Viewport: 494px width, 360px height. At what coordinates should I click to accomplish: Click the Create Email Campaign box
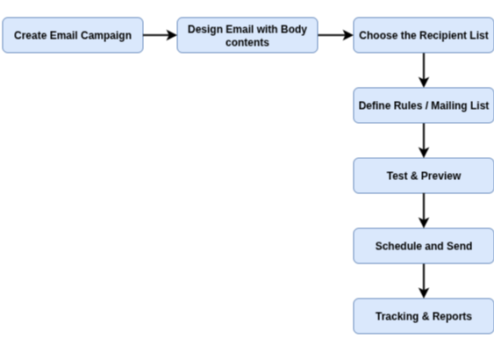click(73, 35)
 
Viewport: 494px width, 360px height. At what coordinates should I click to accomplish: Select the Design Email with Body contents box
click(247, 35)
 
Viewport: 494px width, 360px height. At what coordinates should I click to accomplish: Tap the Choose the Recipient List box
click(424, 35)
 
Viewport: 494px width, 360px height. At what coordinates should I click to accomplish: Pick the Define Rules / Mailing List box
click(424, 105)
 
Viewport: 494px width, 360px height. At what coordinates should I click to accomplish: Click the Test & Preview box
click(424, 176)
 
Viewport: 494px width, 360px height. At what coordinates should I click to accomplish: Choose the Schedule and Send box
click(424, 246)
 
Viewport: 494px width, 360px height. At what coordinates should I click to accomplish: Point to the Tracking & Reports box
click(424, 316)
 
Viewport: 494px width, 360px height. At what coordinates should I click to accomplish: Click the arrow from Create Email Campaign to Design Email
click(160, 35)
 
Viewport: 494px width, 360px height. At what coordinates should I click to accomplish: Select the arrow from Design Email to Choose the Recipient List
click(335, 35)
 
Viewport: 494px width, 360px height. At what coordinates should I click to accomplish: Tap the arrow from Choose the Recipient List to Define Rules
click(424, 70)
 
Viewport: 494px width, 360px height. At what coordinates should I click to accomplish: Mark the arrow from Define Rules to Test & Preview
click(424, 140)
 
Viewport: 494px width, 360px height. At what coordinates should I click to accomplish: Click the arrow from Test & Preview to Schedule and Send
click(424, 211)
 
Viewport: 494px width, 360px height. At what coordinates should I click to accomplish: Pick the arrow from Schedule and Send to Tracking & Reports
click(424, 281)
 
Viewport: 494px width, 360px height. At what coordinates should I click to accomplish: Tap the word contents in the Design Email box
click(247, 42)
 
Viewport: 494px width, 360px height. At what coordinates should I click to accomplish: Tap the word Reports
click(452, 317)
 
